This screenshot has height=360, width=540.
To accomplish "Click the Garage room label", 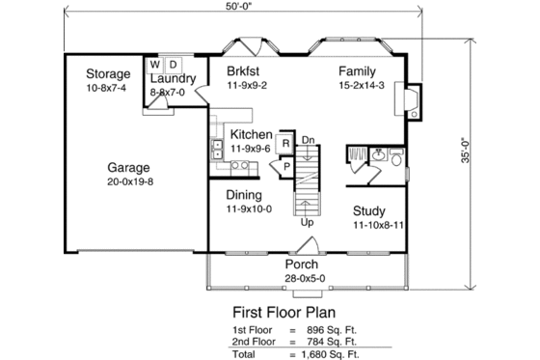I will (127, 166).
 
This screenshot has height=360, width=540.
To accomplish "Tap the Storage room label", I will (108, 74).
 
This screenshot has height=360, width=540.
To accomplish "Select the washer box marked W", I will (153, 65).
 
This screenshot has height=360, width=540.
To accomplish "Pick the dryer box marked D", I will (172, 65).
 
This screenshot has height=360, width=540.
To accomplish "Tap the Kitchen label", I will (250, 135).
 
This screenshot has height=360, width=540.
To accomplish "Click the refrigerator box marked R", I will (285, 144).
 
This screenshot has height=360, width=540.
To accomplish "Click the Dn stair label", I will (310, 139).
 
